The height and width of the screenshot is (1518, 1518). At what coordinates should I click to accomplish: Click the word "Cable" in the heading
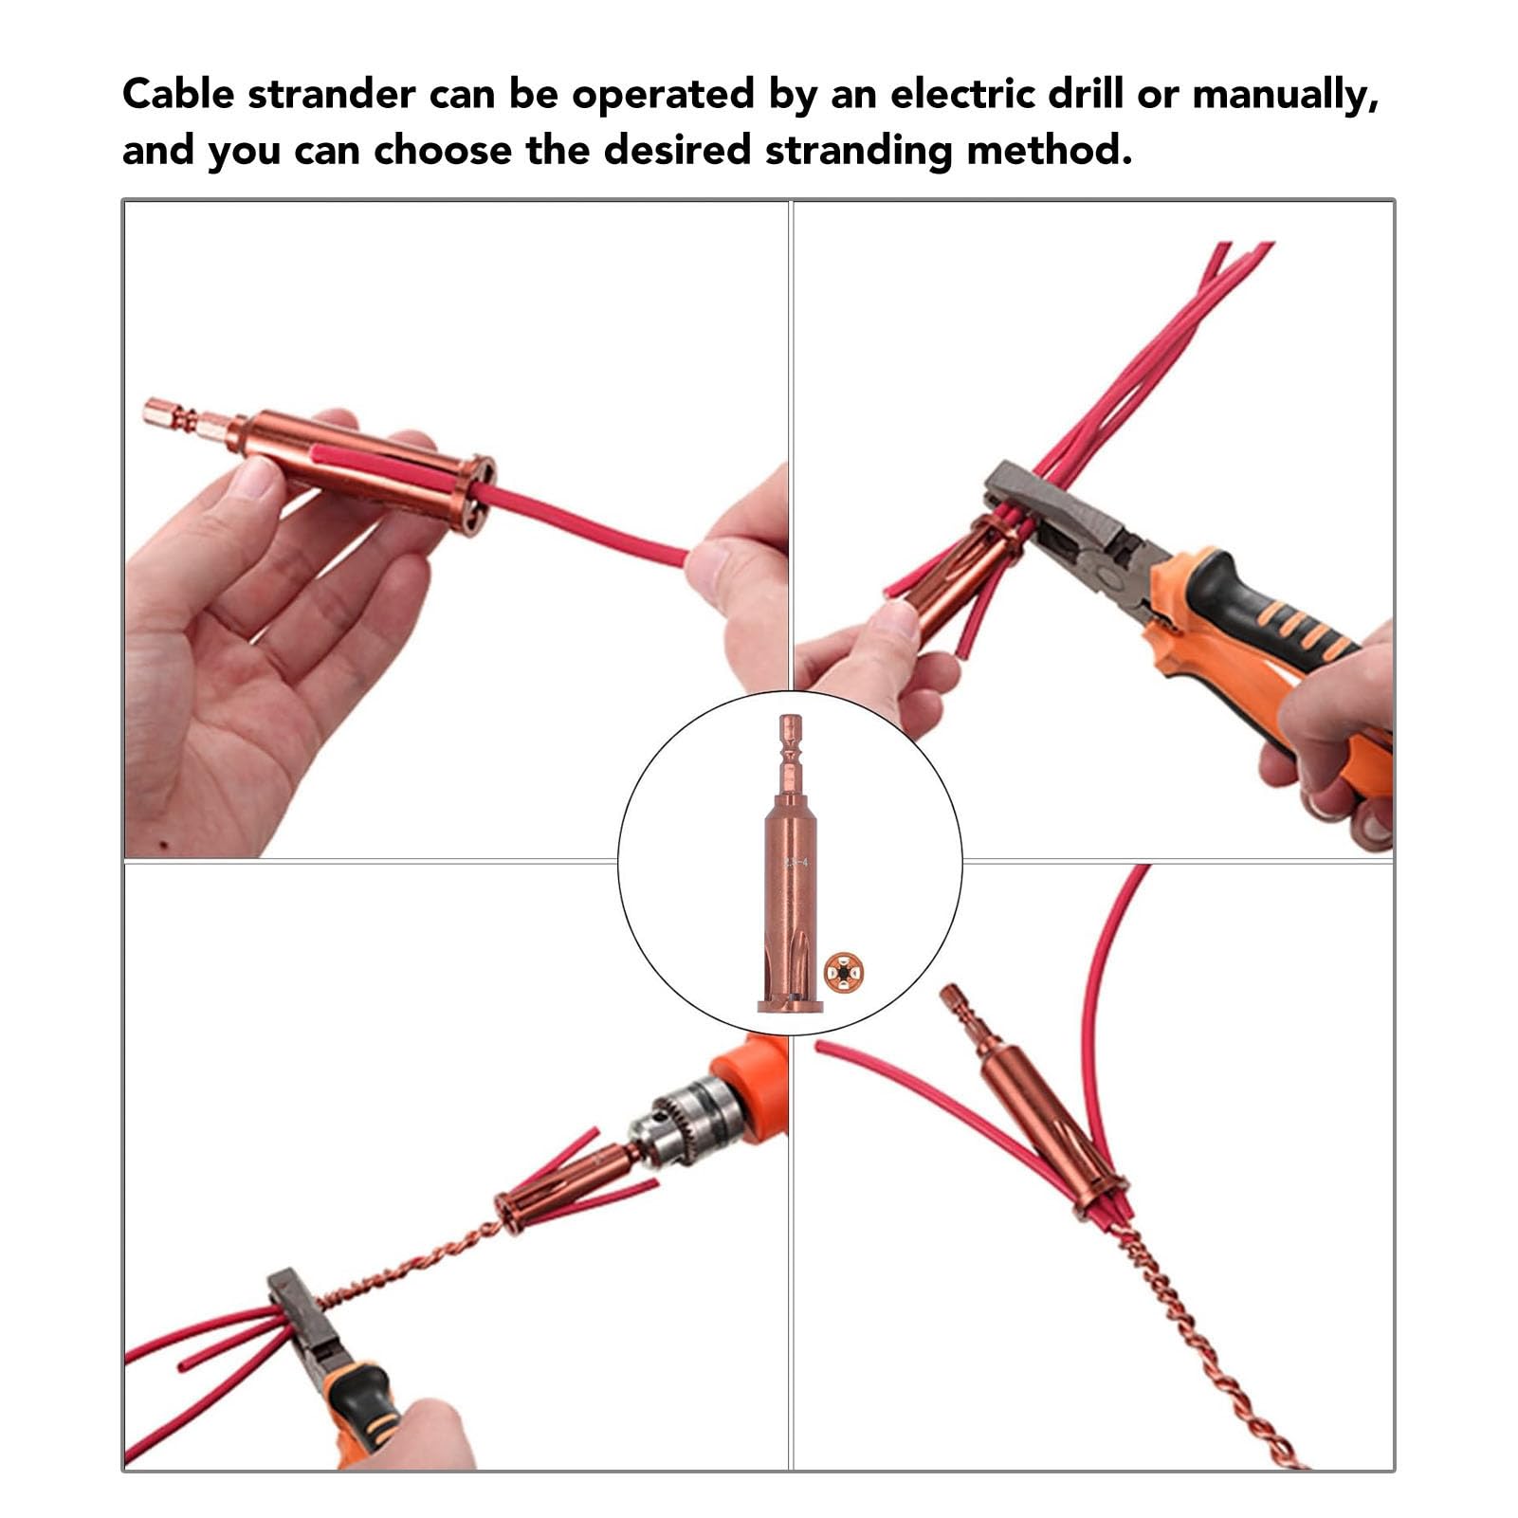click(x=176, y=95)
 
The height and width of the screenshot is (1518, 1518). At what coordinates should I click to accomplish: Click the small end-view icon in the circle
click(x=843, y=973)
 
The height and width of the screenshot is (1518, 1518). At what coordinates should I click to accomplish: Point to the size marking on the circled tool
click(x=796, y=863)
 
